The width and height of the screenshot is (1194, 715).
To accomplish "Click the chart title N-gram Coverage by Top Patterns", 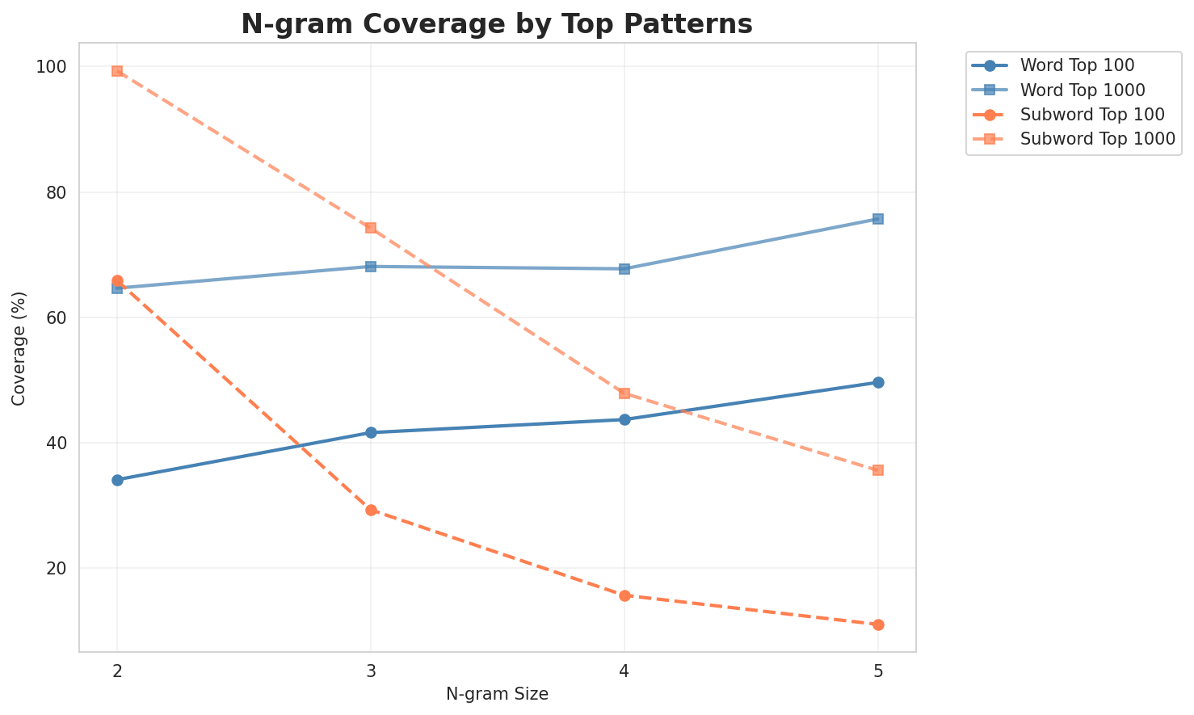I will [497, 24].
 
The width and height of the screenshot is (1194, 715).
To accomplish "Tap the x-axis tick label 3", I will [371, 671].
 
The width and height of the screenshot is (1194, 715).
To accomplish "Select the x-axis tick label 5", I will [878, 671].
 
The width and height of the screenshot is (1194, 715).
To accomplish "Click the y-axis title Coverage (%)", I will [19, 347].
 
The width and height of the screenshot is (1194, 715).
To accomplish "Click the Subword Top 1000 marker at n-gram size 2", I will [117, 71].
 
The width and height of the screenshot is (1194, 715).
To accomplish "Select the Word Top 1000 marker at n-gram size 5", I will [878, 219].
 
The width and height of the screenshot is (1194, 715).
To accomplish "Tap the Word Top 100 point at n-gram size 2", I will [117, 480].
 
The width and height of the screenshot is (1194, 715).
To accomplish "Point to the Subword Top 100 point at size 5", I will [878, 625].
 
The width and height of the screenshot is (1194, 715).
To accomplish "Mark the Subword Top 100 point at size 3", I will [371, 510].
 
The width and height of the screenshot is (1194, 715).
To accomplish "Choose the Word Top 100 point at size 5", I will [878, 382].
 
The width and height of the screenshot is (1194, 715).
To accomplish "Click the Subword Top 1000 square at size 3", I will [371, 228].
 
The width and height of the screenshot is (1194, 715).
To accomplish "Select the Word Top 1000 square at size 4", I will [624, 268].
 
